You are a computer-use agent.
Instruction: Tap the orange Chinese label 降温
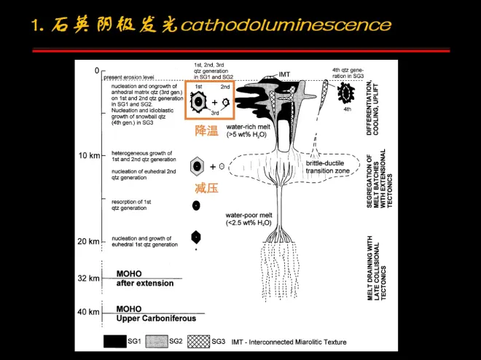[x=206, y=131]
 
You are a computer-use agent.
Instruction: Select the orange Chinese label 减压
[x=206, y=188]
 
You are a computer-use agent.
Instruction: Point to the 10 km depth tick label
[x=89, y=155]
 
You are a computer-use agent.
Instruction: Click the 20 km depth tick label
[x=89, y=241]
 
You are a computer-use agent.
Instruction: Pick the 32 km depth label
[x=89, y=278]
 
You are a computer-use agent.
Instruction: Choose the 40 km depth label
[x=89, y=312]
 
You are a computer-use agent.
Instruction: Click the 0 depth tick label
[x=95, y=71]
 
